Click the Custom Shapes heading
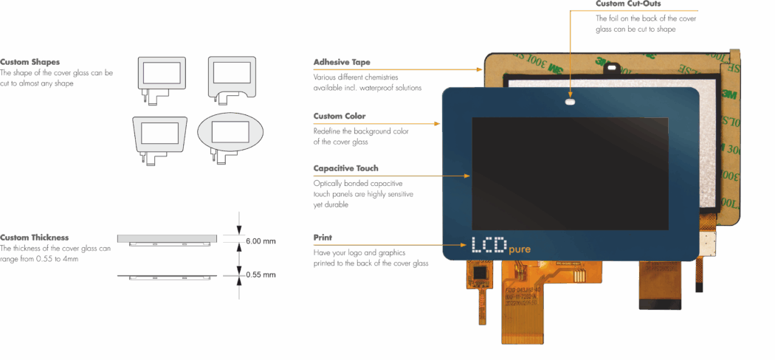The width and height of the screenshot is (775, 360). point(30,62)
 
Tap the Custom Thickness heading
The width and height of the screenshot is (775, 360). point(35,238)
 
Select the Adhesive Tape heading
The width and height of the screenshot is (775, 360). point(342,62)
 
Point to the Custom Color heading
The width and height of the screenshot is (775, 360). point(340,117)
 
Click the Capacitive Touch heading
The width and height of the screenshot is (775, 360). point(345,168)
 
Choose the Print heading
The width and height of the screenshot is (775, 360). point(323,238)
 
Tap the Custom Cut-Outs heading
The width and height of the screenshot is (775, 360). point(628,4)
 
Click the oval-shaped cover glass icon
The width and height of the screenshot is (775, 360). point(230,133)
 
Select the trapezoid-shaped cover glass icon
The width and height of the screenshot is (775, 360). point(159,134)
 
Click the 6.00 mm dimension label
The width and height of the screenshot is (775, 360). point(260,241)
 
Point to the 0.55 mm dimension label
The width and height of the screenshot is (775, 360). point(260,274)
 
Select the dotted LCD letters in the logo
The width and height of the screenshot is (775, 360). point(489,246)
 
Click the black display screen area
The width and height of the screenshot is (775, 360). point(569,173)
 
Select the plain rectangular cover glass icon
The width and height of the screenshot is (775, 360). point(162,72)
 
